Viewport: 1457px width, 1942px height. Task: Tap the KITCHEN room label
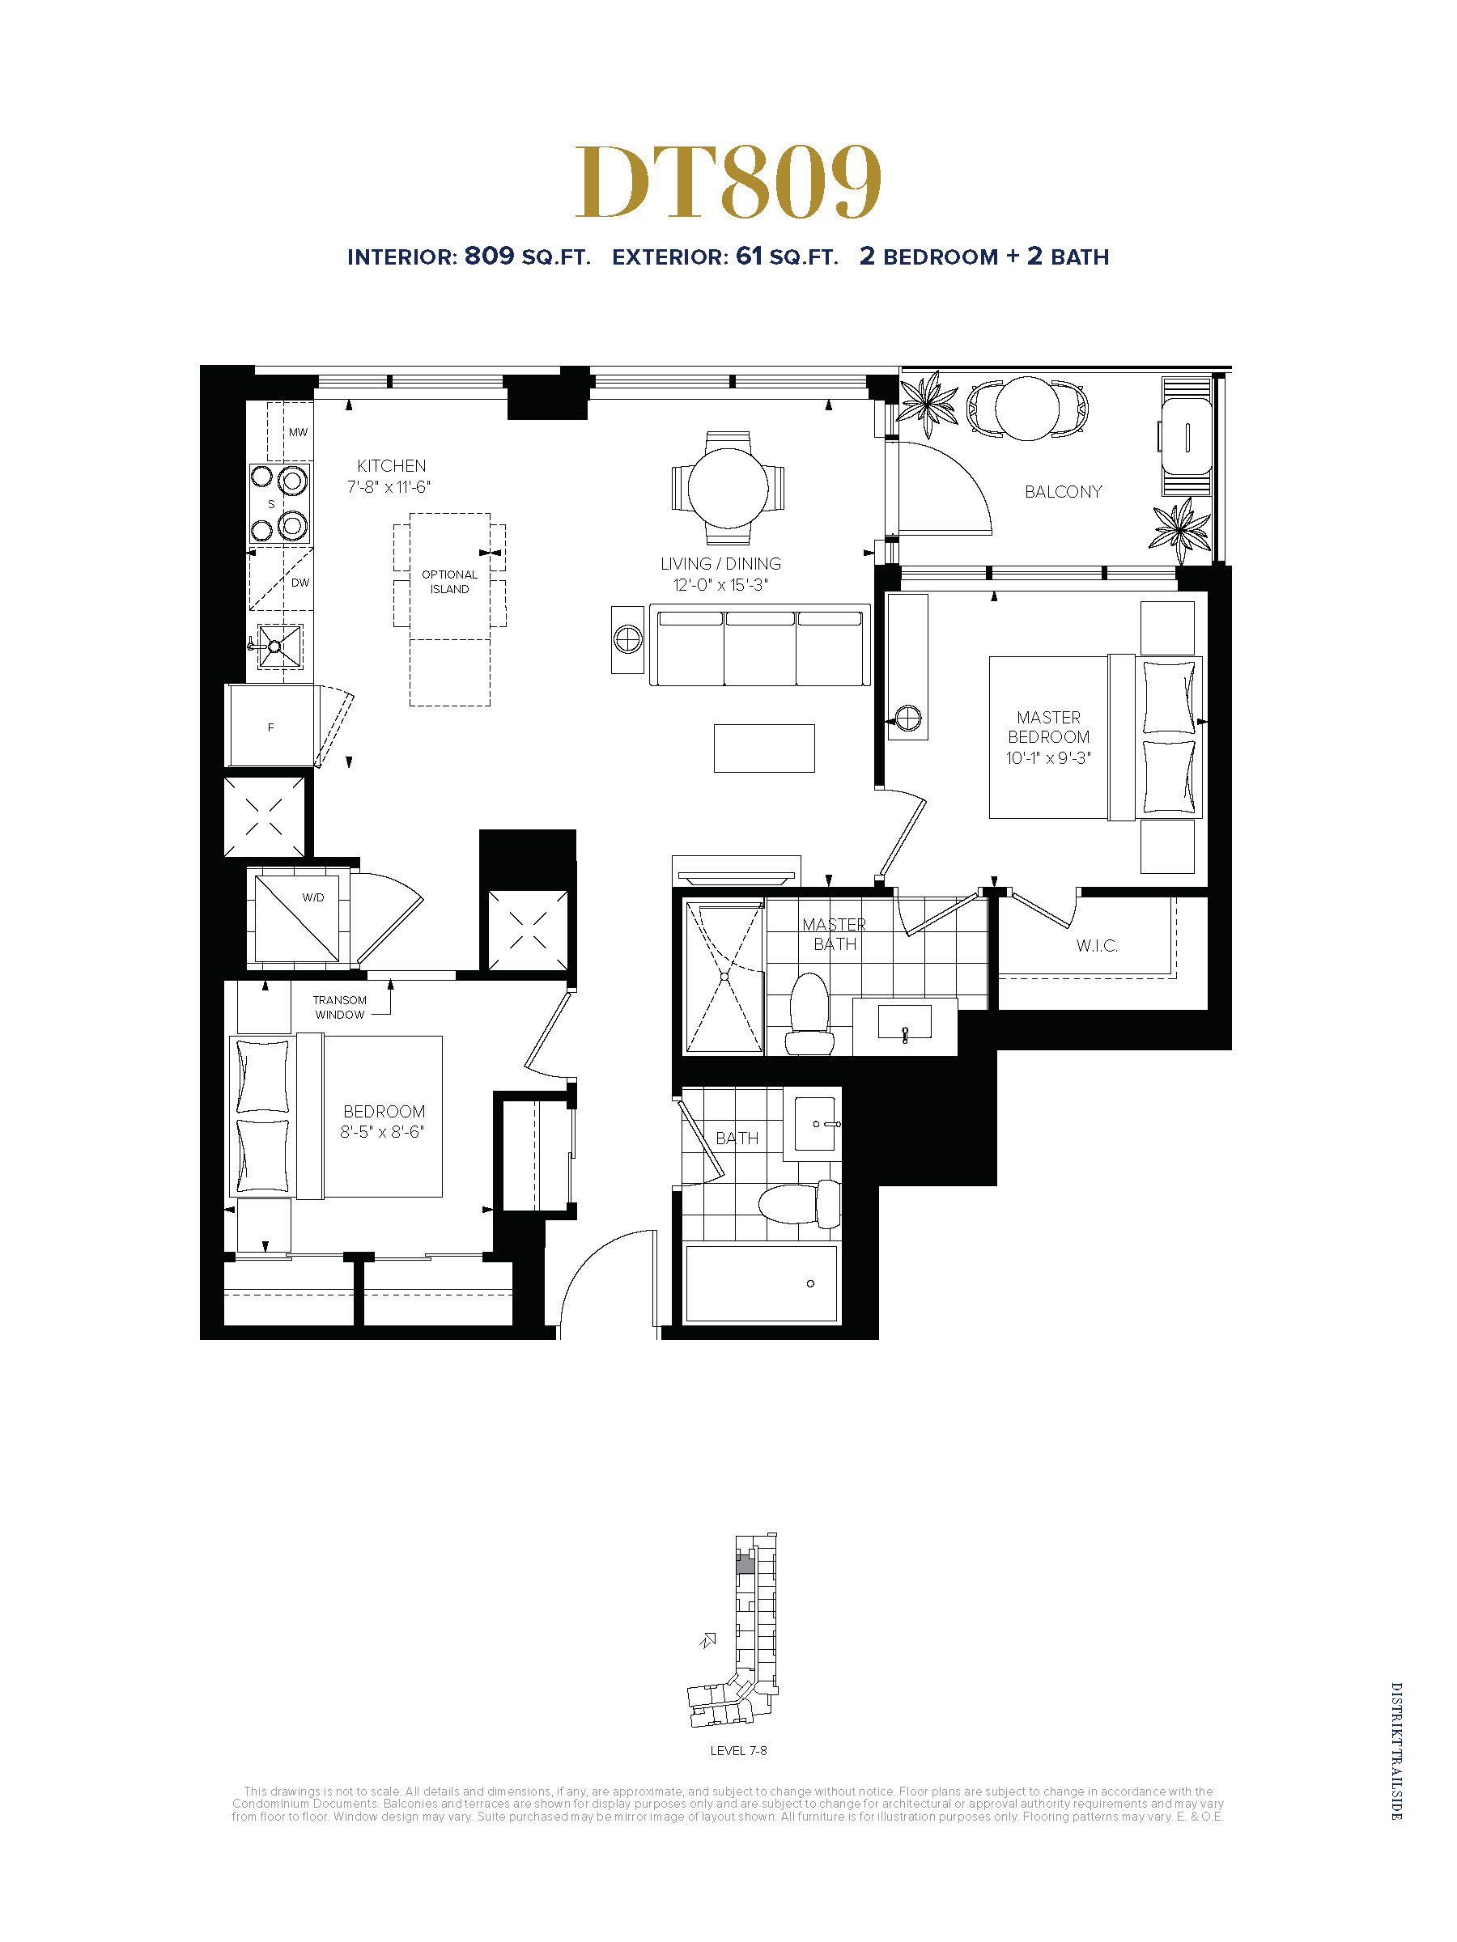pyautogui.click(x=391, y=466)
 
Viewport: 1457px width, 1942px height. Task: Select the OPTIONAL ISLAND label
pyautogui.click(x=450, y=582)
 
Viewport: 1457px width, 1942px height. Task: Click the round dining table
pyautogui.click(x=728, y=488)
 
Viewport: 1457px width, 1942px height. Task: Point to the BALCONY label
pyautogui.click(x=1063, y=492)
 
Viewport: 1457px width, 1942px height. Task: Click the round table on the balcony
pyautogui.click(x=1026, y=409)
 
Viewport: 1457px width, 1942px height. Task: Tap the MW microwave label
pyautogui.click(x=299, y=432)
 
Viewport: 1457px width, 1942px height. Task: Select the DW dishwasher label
pyautogui.click(x=300, y=582)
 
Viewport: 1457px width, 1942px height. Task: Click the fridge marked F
pyautogui.click(x=270, y=727)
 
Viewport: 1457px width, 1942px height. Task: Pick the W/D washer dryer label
pyautogui.click(x=312, y=897)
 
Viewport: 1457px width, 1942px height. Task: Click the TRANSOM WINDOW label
pyautogui.click(x=340, y=1007)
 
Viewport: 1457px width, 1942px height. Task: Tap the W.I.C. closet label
pyautogui.click(x=1097, y=946)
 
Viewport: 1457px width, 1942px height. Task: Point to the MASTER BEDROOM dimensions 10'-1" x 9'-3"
pyautogui.click(x=1048, y=757)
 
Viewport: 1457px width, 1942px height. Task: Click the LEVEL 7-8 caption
pyautogui.click(x=738, y=1750)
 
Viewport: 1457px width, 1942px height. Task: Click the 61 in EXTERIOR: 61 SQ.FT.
pyautogui.click(x=749, y=256)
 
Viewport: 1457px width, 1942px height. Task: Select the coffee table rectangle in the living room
pyautogui.click(x=764, y=748)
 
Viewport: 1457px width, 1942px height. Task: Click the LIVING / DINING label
pyautogui.click(x=721, y=564)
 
